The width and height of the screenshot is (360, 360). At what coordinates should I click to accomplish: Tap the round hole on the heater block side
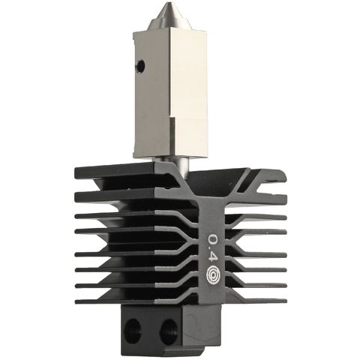pos(139,66)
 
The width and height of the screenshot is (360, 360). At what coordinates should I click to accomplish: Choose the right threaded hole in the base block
pos(168,328)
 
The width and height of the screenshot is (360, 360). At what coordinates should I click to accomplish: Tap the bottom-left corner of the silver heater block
pos(135,155)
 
